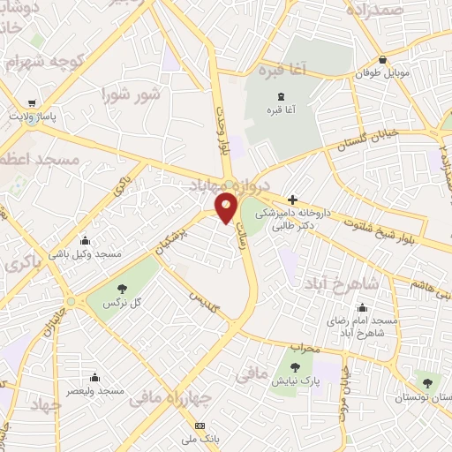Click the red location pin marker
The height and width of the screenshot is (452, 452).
(227, 207)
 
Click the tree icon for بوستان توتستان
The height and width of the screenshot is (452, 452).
(428, 382)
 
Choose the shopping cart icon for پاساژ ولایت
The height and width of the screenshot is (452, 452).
(33, 102)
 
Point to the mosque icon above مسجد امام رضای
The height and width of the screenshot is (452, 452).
(362, 308)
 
